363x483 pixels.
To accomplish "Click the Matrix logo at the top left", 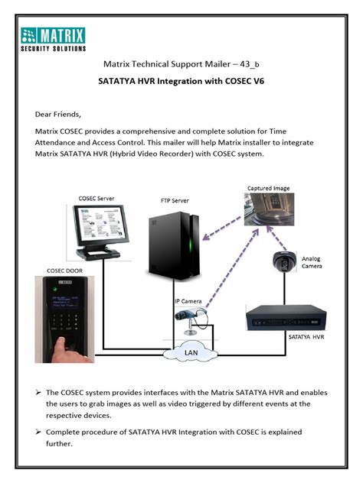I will point(53,38).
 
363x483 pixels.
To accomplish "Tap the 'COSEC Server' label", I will point(96,198).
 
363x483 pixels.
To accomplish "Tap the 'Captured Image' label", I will point(268,187).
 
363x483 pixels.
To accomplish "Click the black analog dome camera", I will point(283,262).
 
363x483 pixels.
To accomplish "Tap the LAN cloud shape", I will point(188,353).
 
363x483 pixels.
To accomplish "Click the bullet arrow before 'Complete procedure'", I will point(38,433).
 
